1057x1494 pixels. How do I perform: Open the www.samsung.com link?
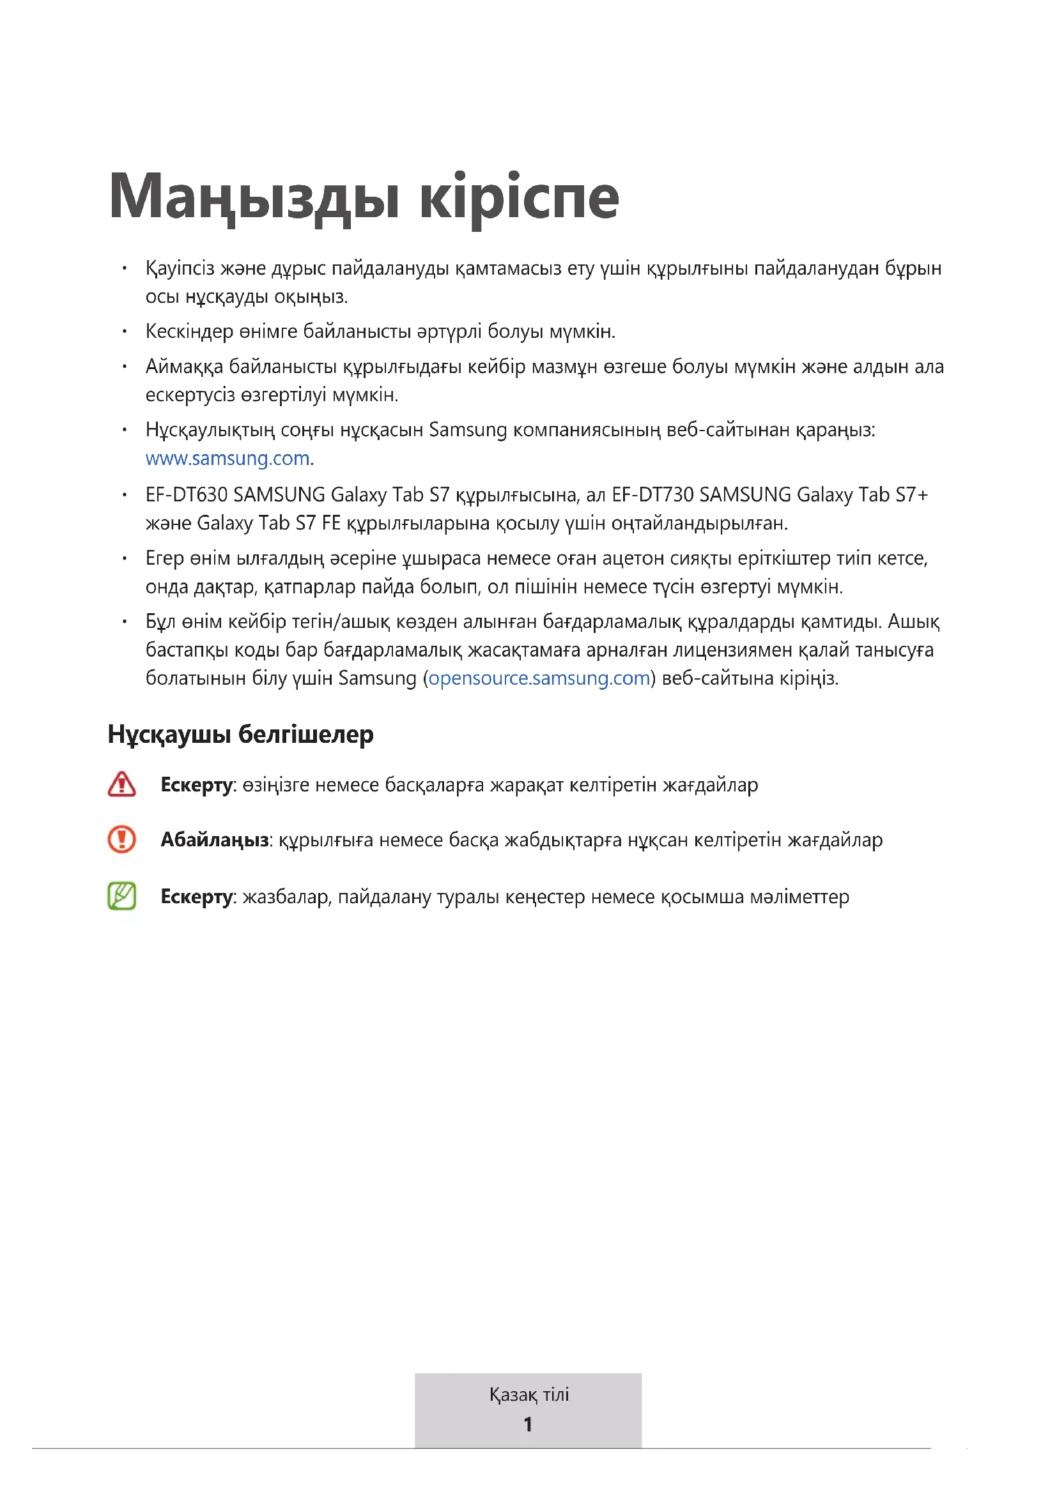[227, 459]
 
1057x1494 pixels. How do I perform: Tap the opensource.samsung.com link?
[539, 678]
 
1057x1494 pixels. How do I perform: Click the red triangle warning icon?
[121, 784]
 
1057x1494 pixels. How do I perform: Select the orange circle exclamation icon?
[121, 839]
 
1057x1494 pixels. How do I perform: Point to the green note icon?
[121, 896]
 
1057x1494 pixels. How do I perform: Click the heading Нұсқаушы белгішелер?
[240, 734]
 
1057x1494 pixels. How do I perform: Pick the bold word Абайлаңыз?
[215, 840]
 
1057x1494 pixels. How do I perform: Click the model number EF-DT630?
[186, 495]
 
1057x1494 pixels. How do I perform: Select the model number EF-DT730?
[652, 495]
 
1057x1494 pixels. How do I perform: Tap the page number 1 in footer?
[528, 1424]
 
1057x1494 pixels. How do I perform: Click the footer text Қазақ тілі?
[528, 1394]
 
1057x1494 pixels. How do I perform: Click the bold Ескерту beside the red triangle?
[196, 785]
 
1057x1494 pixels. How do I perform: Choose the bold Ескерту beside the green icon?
[196, 897]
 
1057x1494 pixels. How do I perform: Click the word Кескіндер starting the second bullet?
[189, 332]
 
